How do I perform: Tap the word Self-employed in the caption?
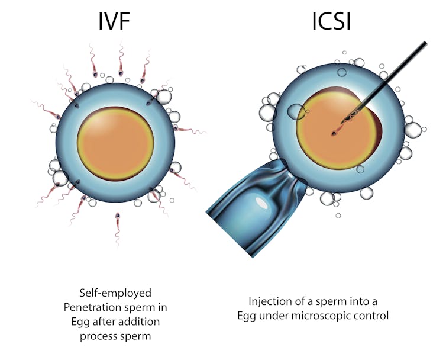click(115, 292)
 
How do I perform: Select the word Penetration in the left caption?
click(101, 307)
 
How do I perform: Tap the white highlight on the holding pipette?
click(262, 203)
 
